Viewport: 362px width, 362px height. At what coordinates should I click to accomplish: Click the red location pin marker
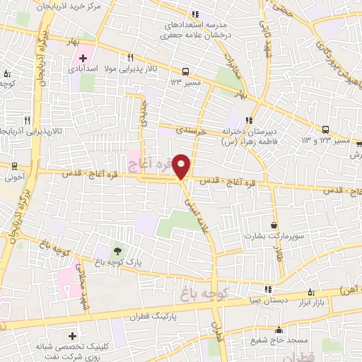point(183,165)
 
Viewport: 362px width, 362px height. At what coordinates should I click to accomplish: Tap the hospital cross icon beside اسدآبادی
point(83,57)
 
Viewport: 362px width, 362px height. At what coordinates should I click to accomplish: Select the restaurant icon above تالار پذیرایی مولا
point(130,57)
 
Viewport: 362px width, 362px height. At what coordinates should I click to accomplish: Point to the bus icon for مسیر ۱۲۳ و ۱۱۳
point(325,129)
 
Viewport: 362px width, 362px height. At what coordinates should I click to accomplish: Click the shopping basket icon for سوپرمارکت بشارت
point(274,225)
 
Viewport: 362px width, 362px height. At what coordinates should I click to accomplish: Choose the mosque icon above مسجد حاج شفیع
point(280,329)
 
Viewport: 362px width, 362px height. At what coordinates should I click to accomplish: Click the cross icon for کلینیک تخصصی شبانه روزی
point(73,334)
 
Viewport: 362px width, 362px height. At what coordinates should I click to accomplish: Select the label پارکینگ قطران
point(151,317)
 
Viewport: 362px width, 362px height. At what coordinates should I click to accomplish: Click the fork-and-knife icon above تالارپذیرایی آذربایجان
point(27,120)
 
